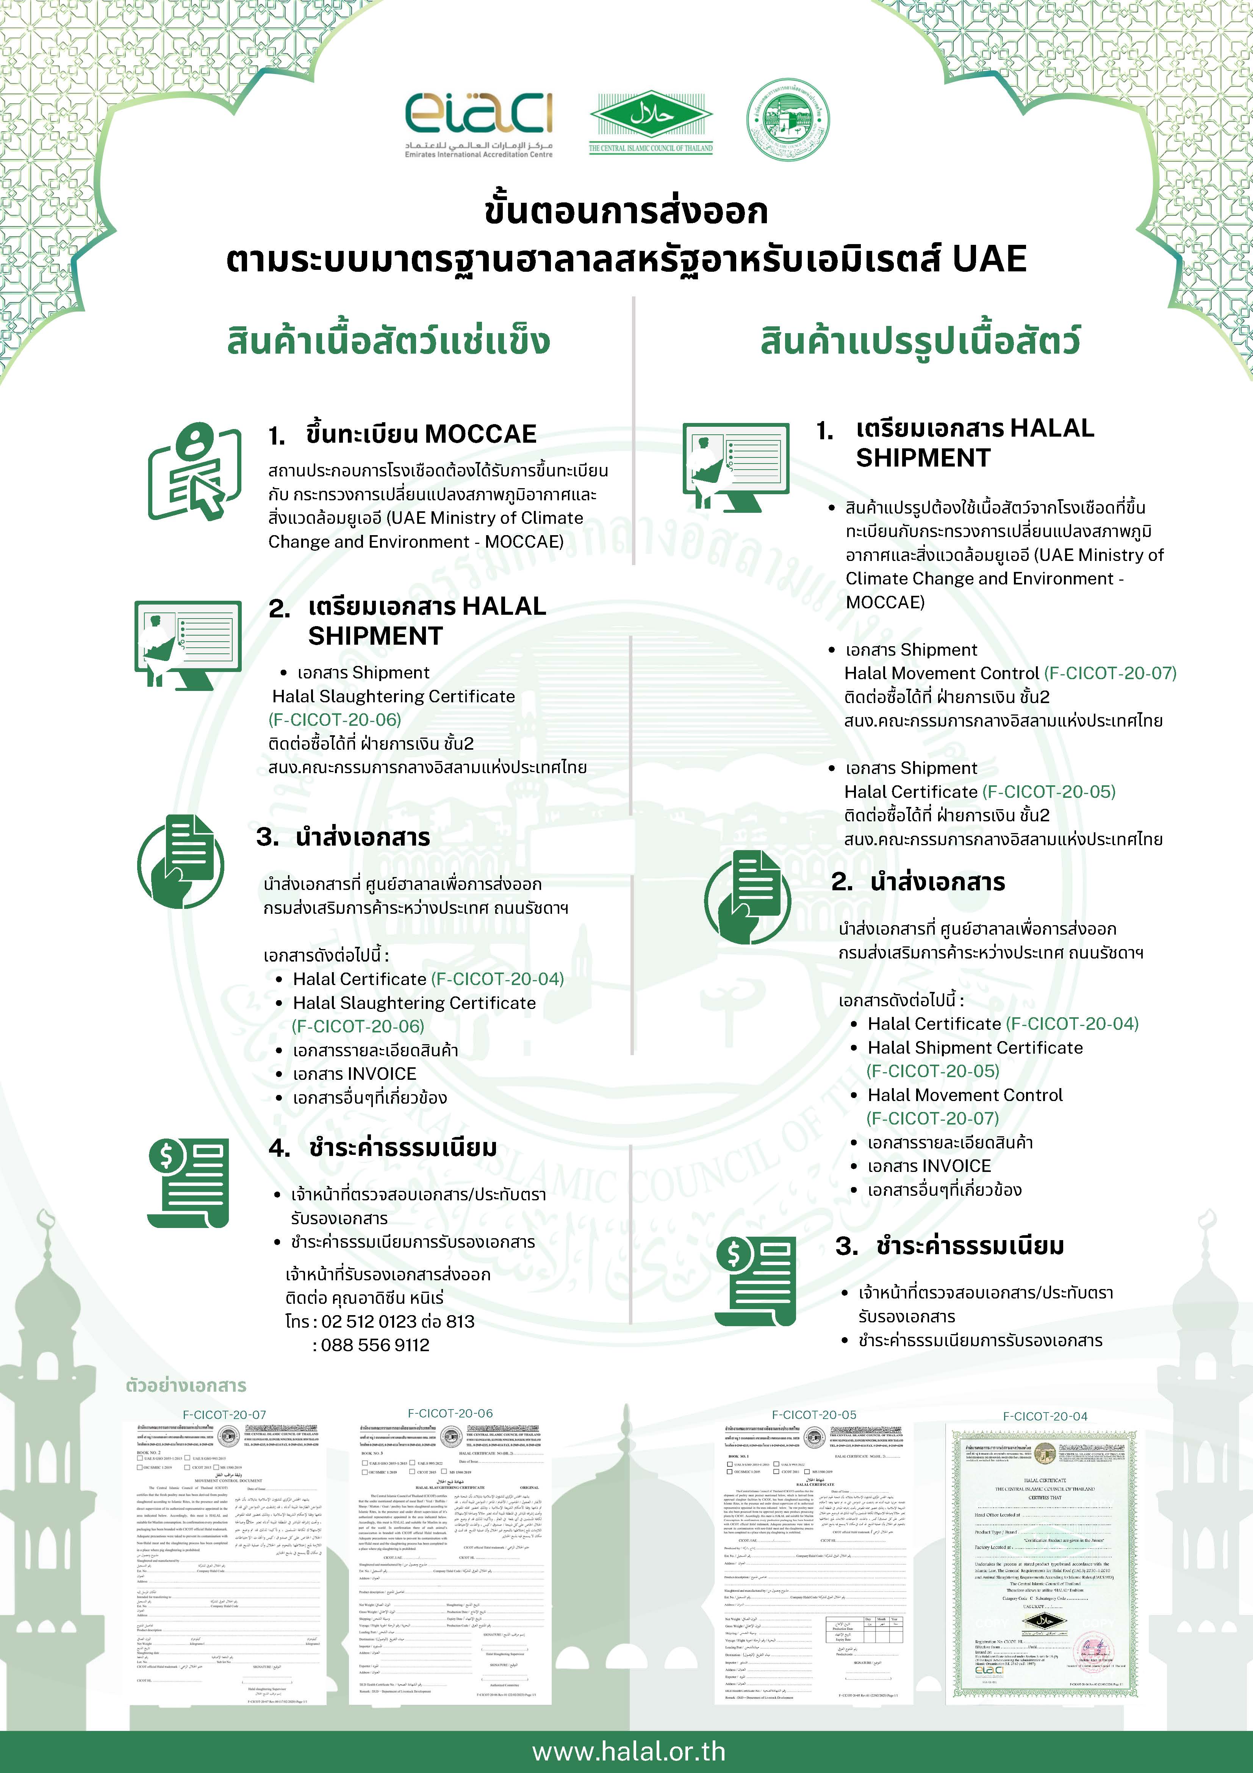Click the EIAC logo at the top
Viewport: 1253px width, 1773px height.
click(x=479, y=124)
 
